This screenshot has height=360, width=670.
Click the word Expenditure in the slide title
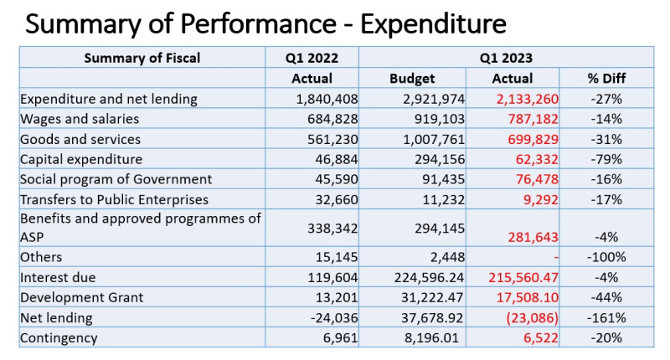(433, 23)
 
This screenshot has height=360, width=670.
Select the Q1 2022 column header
(312, 58)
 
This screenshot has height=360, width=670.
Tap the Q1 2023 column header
(506, 58)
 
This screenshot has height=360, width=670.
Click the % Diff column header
(606, 79)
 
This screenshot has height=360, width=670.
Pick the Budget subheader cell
(412, 79)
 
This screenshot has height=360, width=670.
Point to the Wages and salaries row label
(80, 119)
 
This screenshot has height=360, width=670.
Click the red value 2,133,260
(528, 99)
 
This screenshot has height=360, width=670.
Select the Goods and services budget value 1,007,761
(434, 139)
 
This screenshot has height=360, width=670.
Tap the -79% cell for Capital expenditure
(606, 159)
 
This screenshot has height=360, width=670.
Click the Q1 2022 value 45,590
(337, 179)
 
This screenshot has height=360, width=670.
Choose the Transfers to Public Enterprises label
(114, 199)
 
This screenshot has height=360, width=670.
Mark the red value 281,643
(533, 237)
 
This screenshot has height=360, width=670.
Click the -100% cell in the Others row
(606, 257)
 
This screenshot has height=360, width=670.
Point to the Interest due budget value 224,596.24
(429, 278)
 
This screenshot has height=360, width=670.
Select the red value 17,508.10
(528, 298)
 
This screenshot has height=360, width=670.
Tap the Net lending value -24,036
(334, 318)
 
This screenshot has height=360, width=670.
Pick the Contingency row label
(59, 337)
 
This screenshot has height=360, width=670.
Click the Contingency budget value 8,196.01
(431, 337)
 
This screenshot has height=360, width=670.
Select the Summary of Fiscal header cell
(142, 58)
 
